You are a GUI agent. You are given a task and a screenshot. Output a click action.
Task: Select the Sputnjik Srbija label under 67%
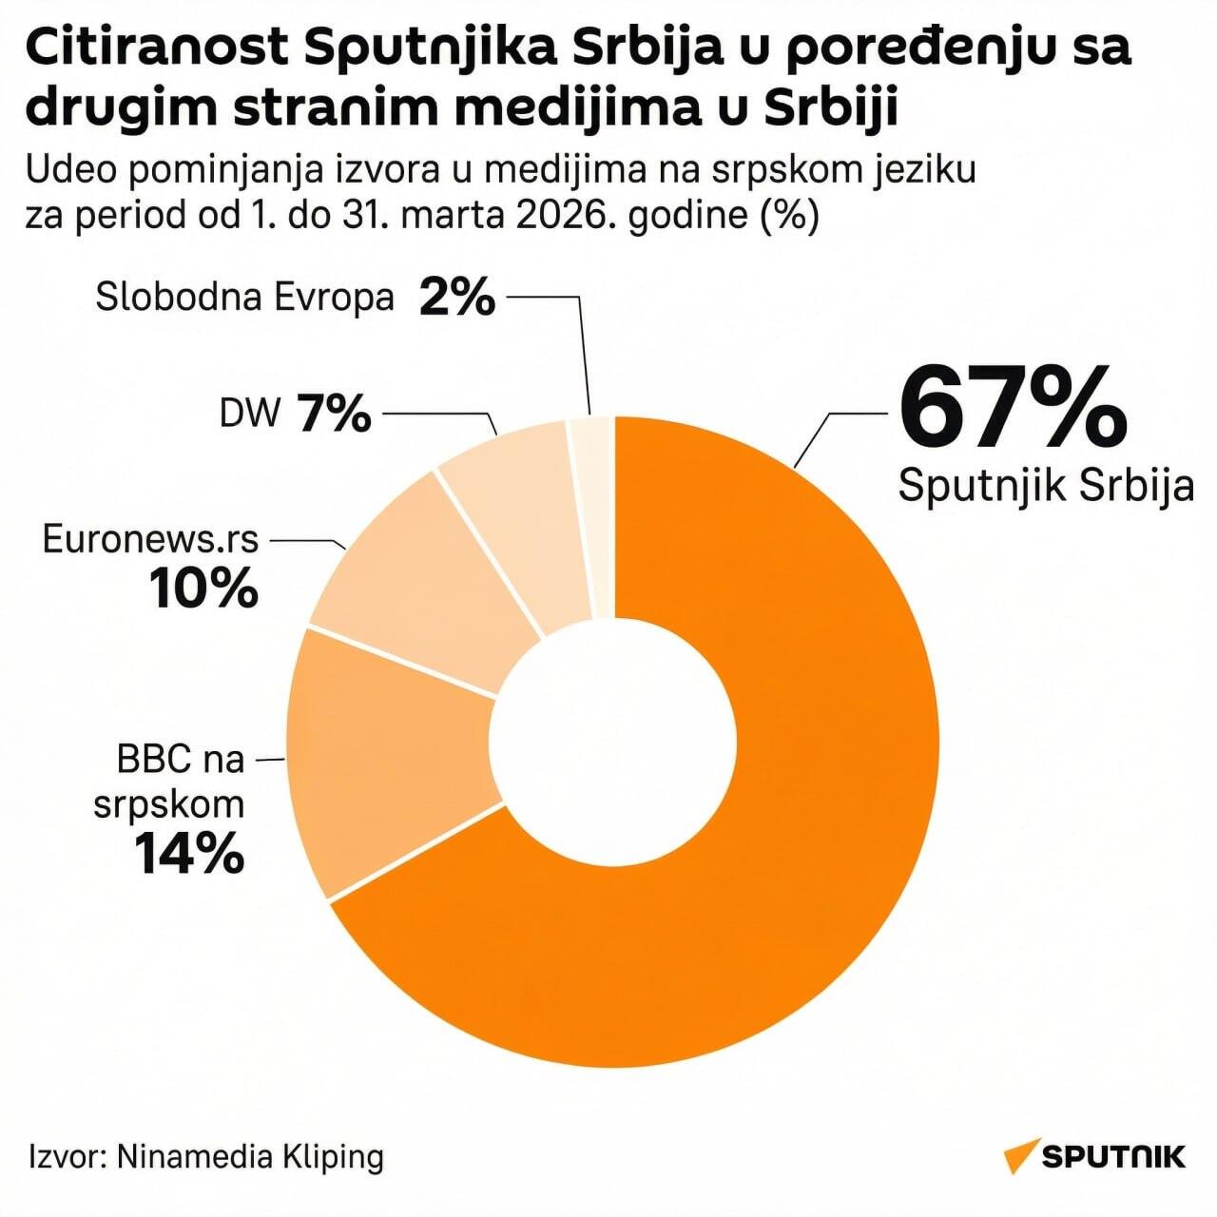[x=1046, y=485]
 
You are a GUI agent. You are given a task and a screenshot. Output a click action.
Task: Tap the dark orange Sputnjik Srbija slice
[x=780, y=856]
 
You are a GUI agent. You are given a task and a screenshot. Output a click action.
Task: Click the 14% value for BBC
[x=188, y=853]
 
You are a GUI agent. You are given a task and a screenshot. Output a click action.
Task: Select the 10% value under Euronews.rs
[x=203, y=588]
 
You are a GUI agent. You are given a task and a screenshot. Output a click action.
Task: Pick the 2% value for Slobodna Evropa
[x=457, y=298]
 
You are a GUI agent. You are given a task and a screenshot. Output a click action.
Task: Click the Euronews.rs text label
[x=150, y=539]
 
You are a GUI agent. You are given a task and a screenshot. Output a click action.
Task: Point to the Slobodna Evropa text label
[x=244, y=298]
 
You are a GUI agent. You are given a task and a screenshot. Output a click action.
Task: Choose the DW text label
[x=250, y=414]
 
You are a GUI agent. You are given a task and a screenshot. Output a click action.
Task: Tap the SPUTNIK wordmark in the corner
[x=1113, y=1156]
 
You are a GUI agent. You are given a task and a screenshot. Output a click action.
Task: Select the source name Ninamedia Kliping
[x=250, y=1156]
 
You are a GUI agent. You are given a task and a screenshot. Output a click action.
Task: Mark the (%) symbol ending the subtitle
[x=789, y=215]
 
